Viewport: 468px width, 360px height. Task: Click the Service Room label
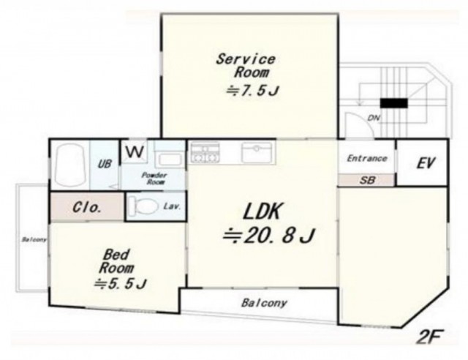[x=246, y=66]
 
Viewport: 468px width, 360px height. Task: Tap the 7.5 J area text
[x=252, y=91]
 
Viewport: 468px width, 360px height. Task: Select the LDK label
[x=263, y=211]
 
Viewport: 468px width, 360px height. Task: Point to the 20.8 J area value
[x=268, y=236]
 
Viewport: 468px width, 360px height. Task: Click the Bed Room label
[x=116, y=261]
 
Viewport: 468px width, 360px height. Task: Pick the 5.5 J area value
[x=120, y=283]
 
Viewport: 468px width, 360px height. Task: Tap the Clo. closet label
[x=86, y=207]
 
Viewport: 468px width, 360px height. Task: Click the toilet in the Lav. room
[x=145, y=206]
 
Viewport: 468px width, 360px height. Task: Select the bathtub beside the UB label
[x=70, y=165]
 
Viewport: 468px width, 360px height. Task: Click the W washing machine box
[x=133, y=151]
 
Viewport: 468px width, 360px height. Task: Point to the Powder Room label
[x=154, y=179]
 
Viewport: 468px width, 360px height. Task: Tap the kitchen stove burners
[x=205, y=153]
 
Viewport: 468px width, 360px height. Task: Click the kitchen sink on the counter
[x=257, y=152]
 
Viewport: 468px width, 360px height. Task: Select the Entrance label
[x=367, y=158]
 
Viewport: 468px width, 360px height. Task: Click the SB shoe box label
[x=367, y=180]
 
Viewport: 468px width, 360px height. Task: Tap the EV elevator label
[x=426, y=163]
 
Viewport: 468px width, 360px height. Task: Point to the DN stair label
[x=374, y=118]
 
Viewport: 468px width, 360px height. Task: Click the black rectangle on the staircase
[x=393, y=103]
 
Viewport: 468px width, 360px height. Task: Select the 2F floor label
[x=429, y=337]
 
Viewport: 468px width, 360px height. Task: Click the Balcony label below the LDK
[x=264, y=303]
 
